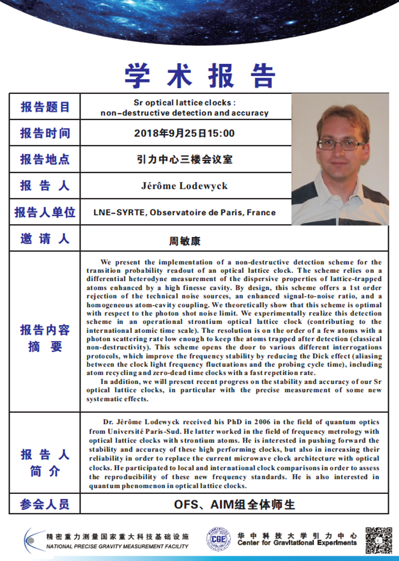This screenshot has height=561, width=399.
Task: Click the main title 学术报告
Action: [199, 75]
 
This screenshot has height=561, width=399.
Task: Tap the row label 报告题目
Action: [45, 107]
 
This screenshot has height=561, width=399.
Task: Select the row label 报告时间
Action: [45, 134]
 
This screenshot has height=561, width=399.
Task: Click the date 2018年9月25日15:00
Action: [184, 134]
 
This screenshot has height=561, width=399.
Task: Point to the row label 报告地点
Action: [45, 160]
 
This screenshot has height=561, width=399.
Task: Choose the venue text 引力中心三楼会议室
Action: [184, 160]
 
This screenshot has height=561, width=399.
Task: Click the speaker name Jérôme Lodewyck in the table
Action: [184, 187]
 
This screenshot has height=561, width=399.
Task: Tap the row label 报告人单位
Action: [45, 213]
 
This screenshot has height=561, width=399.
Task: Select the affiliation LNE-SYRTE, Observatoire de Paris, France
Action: [184, 213]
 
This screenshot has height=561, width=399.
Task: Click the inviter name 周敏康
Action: [184, 241]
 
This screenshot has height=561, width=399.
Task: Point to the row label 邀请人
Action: [45, 240]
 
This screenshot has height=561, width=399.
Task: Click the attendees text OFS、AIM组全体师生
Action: [235, 504]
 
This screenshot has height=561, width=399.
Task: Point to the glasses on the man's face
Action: [339, 144]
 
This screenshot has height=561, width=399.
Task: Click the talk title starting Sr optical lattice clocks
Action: [184, 107]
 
